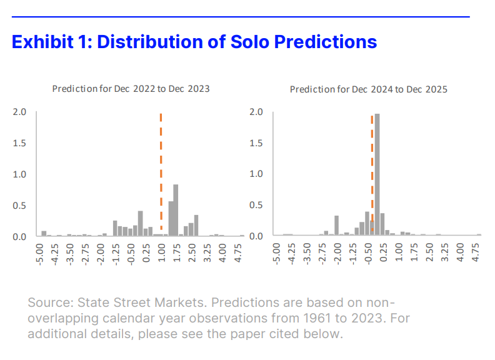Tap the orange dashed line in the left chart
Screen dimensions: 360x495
(x=161, y=175)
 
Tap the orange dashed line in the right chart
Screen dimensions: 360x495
(x=372, y=175)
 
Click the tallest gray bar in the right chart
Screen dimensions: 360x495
(x=377, y=175)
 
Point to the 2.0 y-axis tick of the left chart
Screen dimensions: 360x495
(x=19, y=112)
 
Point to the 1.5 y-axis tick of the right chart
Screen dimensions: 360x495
(x=256, y=143)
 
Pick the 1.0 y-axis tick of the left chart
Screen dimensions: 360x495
(x=19, y=174)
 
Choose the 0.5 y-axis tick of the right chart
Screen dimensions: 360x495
(x=256, y=205)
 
